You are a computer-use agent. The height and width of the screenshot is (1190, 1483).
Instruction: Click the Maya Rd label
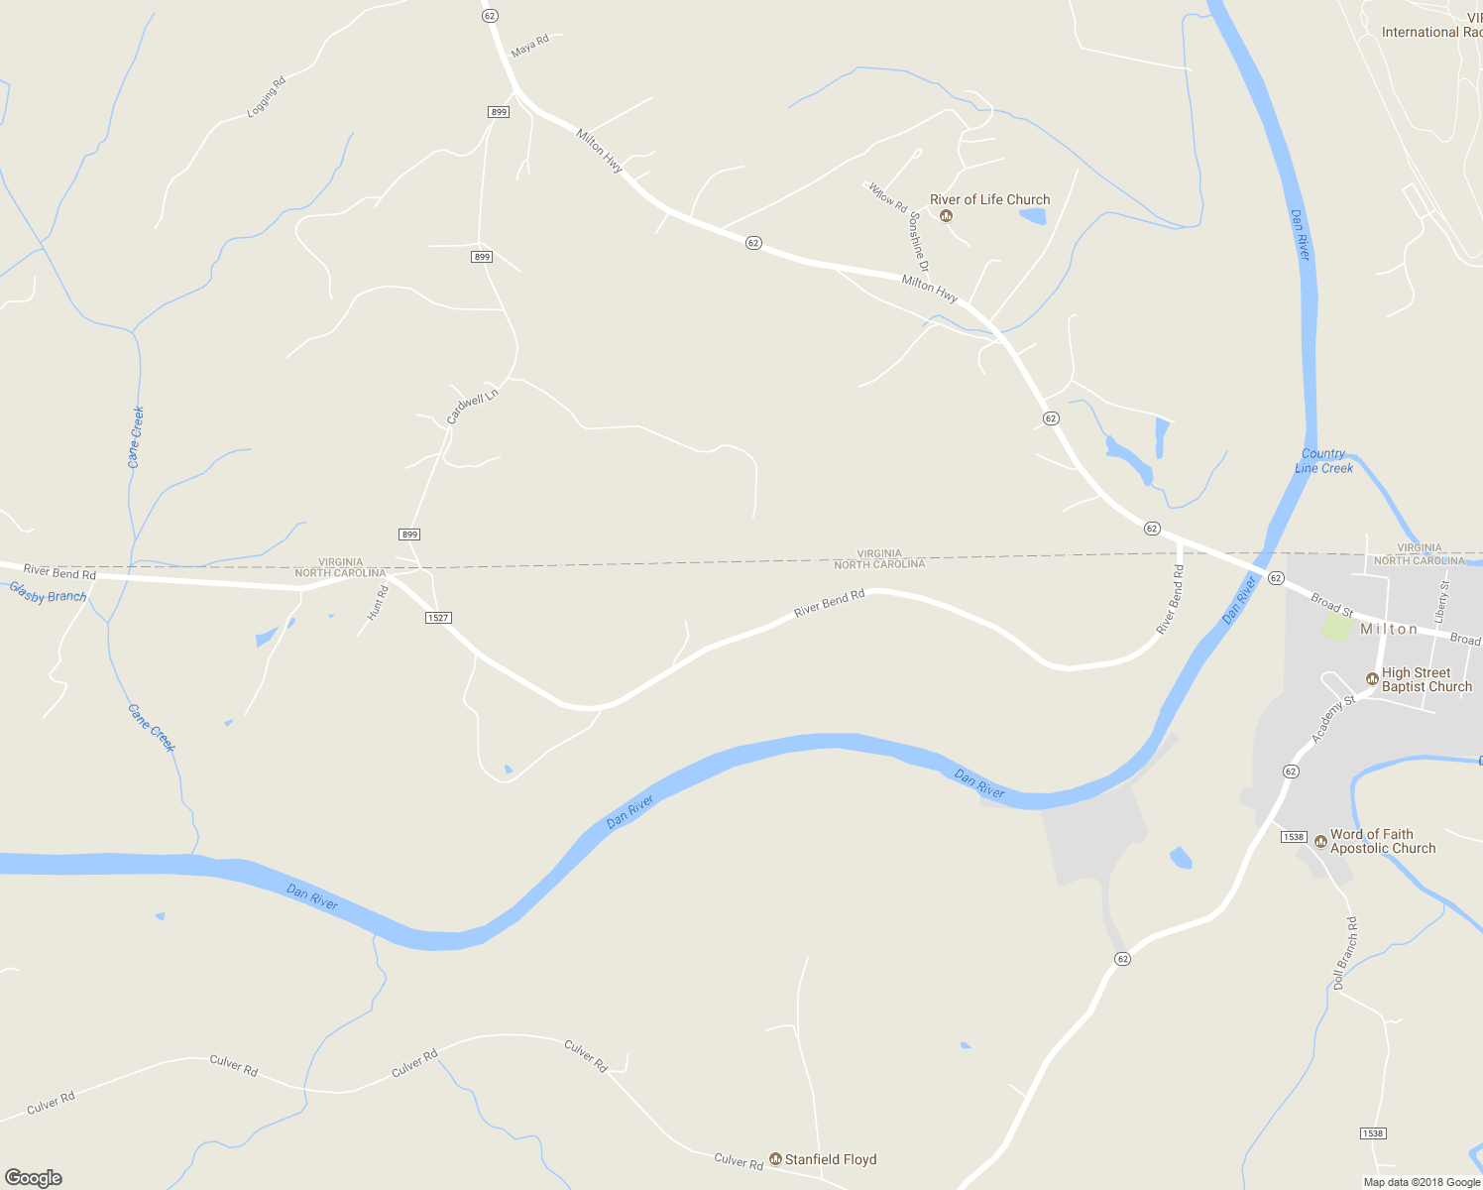click(529, 45)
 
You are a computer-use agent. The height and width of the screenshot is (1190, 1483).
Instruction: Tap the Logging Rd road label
click(266, 97)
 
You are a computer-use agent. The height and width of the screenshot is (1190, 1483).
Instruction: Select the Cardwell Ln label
click(472, 407)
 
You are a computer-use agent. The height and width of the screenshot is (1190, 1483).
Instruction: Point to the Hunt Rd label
click(378, 603)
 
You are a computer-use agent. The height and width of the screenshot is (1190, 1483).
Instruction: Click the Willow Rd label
click(887, 195)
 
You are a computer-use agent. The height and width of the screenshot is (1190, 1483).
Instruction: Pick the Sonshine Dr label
click(919, 242)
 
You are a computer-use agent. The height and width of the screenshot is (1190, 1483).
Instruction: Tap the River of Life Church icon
click(946, 216)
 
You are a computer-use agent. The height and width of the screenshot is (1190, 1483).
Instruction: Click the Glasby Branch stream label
click(48, 594)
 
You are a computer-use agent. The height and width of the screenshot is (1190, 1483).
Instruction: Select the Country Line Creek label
click(1323, 461)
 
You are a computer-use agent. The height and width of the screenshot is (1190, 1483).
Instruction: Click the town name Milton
click(1389, 629)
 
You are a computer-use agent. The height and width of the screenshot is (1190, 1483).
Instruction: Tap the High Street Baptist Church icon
click(1372, 679)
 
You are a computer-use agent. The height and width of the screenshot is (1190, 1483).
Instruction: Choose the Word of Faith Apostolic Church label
click(1383, 841)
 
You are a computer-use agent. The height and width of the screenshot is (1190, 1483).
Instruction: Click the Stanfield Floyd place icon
click(776, 1159)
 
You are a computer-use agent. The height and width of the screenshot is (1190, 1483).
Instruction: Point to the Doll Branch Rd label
click(1345, 953)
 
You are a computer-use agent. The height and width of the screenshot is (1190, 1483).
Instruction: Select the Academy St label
click(1332, 719)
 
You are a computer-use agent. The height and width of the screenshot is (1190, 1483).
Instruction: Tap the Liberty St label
click(1441, 601)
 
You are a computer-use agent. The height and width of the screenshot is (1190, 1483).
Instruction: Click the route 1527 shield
click(438, 618)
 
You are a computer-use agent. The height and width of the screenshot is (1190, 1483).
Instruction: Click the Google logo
click(34, 1178)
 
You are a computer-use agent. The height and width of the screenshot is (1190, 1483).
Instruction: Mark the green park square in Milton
click(1337, 627)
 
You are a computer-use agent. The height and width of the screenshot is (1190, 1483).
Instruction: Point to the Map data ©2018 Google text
click(1422, 1182)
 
